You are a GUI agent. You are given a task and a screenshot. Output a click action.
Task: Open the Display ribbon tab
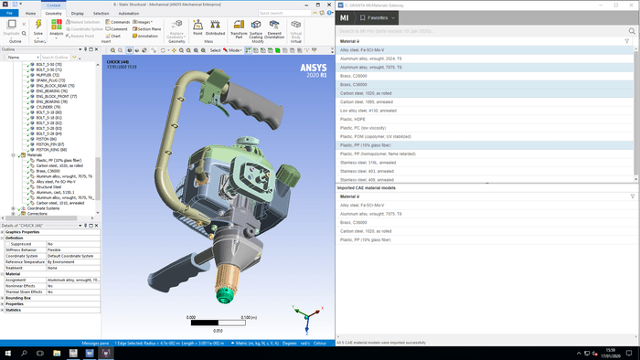(x=77, y=14)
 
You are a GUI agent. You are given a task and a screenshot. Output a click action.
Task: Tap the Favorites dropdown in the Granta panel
(x=375, y=17)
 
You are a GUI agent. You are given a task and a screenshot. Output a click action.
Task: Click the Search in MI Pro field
(x=475, y=31)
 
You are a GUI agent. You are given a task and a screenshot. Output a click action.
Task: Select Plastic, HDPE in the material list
(x=356, y=119)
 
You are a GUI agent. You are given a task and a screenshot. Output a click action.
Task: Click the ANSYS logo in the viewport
(x=312, y=69)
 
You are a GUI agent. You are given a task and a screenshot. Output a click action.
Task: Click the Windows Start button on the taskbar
(x=6, y=353)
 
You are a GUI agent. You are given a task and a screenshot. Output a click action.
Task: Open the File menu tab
(x=9, y=14)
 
